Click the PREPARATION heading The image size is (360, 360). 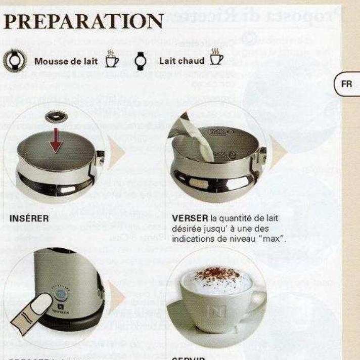coord(83,21)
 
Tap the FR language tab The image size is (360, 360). coord(347,84)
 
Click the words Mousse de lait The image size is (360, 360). coord(65,61)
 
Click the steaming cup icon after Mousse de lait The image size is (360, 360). coord(111,60)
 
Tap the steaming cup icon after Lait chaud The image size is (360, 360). coord(216,59)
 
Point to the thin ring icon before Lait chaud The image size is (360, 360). coord(140,61)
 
